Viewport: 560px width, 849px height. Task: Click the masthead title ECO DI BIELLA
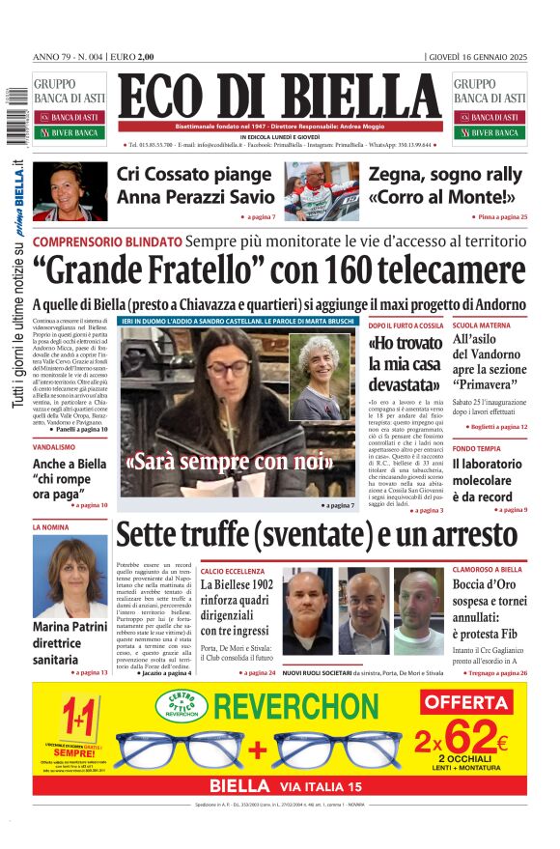280,96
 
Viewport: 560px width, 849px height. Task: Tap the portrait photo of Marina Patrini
70,577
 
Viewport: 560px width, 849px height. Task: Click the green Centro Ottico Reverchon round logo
182,706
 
